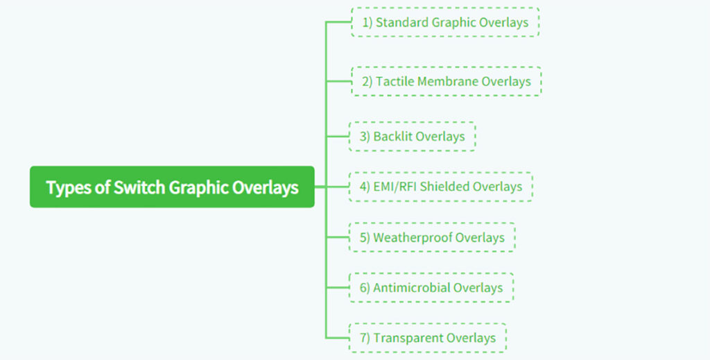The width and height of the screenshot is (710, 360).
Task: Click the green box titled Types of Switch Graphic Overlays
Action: click(172, 187)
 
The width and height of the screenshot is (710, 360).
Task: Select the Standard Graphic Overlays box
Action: click(445, 22)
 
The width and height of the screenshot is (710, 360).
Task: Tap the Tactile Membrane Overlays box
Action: click(446, 82)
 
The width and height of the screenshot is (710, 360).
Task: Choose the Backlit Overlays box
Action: click(412, 137)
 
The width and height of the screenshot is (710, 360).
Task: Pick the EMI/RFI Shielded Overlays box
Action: click(440, 187)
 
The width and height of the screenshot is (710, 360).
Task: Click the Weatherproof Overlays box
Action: click(432, 237)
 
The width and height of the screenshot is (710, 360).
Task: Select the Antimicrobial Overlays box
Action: click(431, 288)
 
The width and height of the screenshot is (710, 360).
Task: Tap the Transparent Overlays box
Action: click(427, 338)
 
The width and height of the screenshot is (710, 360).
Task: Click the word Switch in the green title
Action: click(139, 187)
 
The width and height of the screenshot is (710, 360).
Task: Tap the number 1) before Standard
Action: click(367, 23)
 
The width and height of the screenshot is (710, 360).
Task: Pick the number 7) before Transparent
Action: click(365, 338)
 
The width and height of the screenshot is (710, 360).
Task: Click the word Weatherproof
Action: click(413, 238)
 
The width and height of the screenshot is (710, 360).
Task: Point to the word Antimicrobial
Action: click(411, 288)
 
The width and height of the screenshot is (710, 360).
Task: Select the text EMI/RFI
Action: click(395, 187)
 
